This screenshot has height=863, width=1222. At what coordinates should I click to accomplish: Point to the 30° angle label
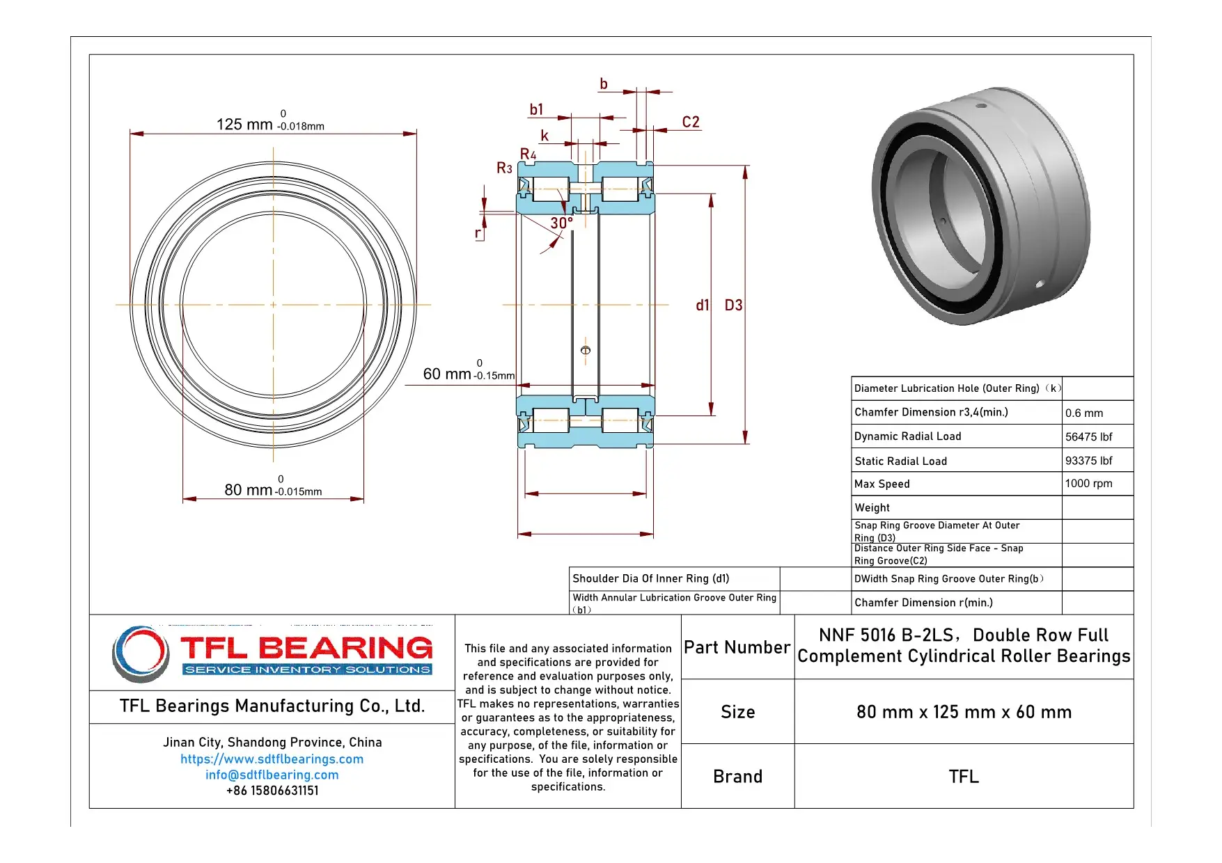point(561,223)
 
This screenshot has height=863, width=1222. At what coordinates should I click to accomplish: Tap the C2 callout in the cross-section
point(690,122)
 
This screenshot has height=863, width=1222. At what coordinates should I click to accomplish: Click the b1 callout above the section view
point(536,109)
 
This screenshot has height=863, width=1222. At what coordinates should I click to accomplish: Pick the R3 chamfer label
point(504,168)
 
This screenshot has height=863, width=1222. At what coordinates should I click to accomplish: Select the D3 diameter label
point(733,306)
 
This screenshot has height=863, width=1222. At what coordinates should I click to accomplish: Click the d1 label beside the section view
point(702,306)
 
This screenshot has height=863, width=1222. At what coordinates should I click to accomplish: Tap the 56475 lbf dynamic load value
point(1088,437)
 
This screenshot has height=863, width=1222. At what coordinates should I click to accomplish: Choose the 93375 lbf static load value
point(1088,461)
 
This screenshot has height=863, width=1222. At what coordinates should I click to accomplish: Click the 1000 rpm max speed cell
point(1088,484)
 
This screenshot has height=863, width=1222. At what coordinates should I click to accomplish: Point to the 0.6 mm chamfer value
point(1084,413)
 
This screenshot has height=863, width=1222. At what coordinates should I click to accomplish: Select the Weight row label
point(872,508)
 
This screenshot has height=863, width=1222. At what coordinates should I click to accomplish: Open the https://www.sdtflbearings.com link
point(272,759)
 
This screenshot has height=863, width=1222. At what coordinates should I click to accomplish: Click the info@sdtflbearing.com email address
point(272,775)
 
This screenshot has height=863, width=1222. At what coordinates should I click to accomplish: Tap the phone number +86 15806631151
point(272,791)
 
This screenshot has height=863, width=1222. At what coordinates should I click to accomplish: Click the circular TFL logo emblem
point(141,654)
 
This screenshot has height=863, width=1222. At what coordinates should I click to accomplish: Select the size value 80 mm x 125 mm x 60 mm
point(964,712)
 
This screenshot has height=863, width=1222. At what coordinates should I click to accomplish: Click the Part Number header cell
point(737,647)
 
